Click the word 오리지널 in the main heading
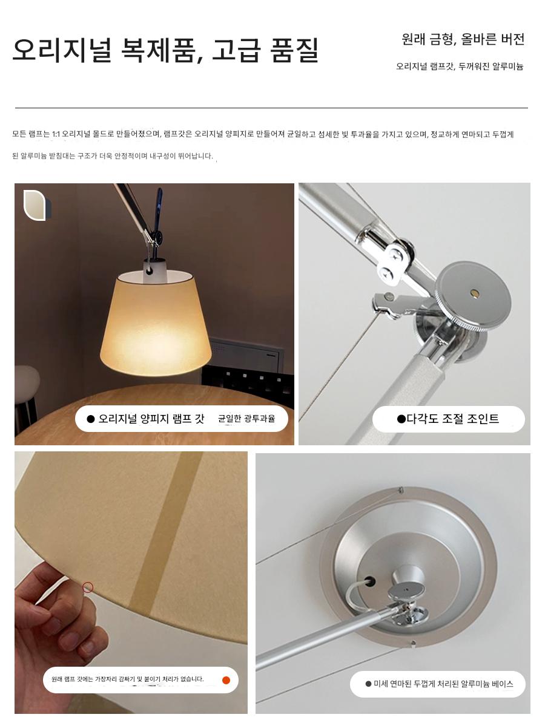tap(62, 50)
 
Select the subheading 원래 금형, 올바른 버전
tap(463, 39)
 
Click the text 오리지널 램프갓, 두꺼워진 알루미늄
tap(460, 67)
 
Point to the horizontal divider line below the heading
tap(271, 108)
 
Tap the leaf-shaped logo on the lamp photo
tap(37, 205)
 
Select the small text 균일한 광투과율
tap(246, 419)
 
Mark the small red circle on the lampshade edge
tap(88, 587)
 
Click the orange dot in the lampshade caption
tap(226, 681)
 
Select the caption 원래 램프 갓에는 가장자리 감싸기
tap(127, 679)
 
